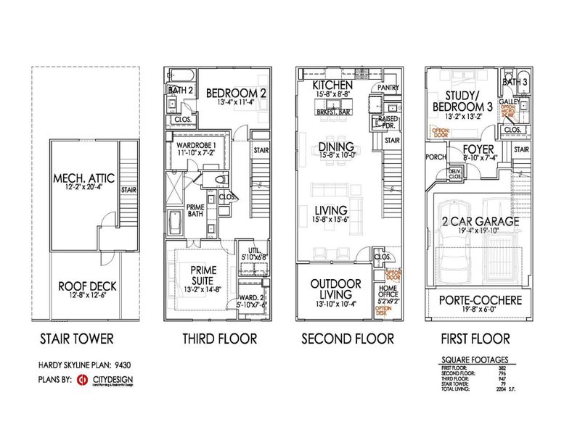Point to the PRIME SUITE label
(x=198, y=275)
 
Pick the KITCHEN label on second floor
(x=332, y=85)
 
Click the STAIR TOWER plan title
(x=77, y=339)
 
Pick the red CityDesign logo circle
(x=83, y=379)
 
